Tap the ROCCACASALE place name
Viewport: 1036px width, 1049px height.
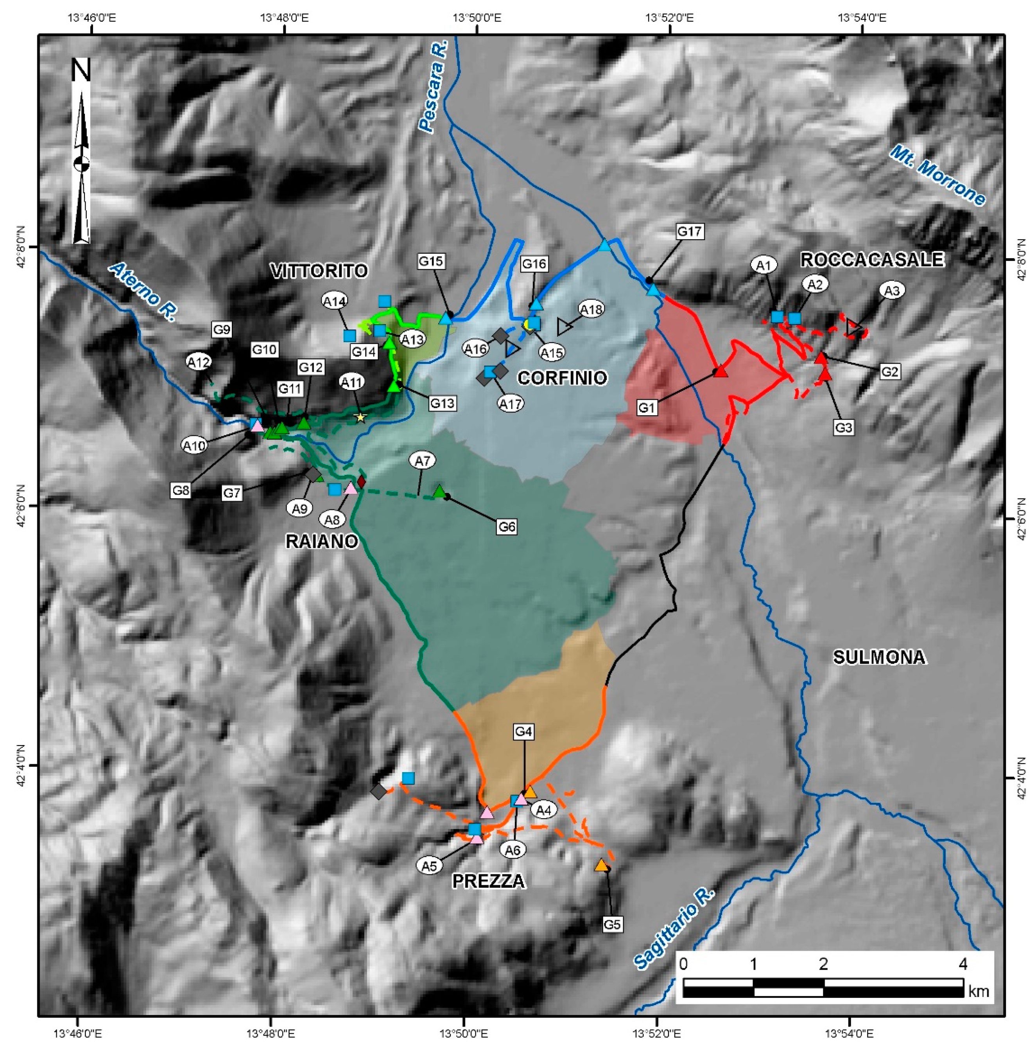(872, 260)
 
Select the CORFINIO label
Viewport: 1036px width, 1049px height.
(562, 378)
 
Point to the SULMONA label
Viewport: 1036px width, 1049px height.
(879, 657)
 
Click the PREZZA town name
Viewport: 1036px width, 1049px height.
(488, 881)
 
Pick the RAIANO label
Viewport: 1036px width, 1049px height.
(322, 541)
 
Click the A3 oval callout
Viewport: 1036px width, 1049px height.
(892, 291)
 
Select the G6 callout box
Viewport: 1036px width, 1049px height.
(506, 526)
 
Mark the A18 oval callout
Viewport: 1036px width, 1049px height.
(591, 309)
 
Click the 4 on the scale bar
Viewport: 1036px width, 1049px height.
(963, 964)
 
